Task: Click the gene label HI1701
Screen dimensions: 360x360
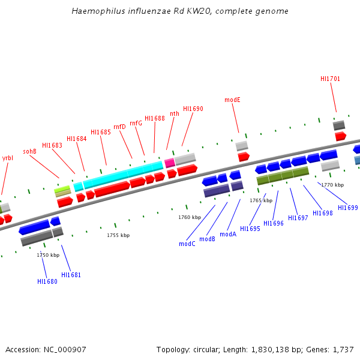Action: [x=330, y=79]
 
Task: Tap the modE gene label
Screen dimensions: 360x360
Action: [x=232, y=100]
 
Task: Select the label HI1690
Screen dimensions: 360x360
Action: [x=193, y=109]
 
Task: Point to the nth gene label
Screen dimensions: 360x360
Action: [x=175, y=113]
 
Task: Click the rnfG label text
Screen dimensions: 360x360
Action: [x=136, y=123]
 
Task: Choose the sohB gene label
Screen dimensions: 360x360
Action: [x=30, y=151]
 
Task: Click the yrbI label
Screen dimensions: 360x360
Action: [x=7, y=158]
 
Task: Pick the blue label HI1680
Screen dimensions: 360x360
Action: [x=47, y=281]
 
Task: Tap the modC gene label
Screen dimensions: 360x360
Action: [x=187, y=244]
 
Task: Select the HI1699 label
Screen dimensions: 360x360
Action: [x=348, y=208]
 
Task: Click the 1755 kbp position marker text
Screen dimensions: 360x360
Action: [x=118, y=235]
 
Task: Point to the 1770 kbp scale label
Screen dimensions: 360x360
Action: [x=332, y=185]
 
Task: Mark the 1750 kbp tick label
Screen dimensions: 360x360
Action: [x=48, y=255]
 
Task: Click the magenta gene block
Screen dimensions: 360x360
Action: [x=170, y=163]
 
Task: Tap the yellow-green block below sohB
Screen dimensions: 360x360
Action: [x=62, y=189]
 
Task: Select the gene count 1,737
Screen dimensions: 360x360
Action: [x=343, y=349]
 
